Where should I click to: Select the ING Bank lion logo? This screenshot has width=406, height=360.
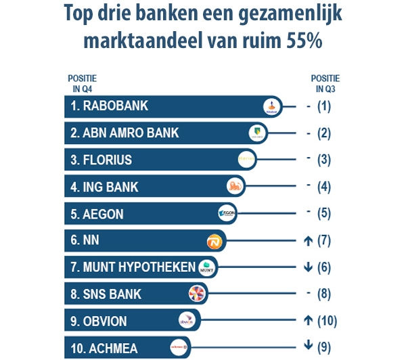(234, 187)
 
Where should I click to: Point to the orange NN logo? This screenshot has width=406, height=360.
(214, 240)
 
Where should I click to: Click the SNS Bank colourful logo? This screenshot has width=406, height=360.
(196, 294)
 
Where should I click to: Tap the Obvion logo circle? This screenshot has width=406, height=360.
(186, 320)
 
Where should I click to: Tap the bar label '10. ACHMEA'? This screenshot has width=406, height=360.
(104, 348)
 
